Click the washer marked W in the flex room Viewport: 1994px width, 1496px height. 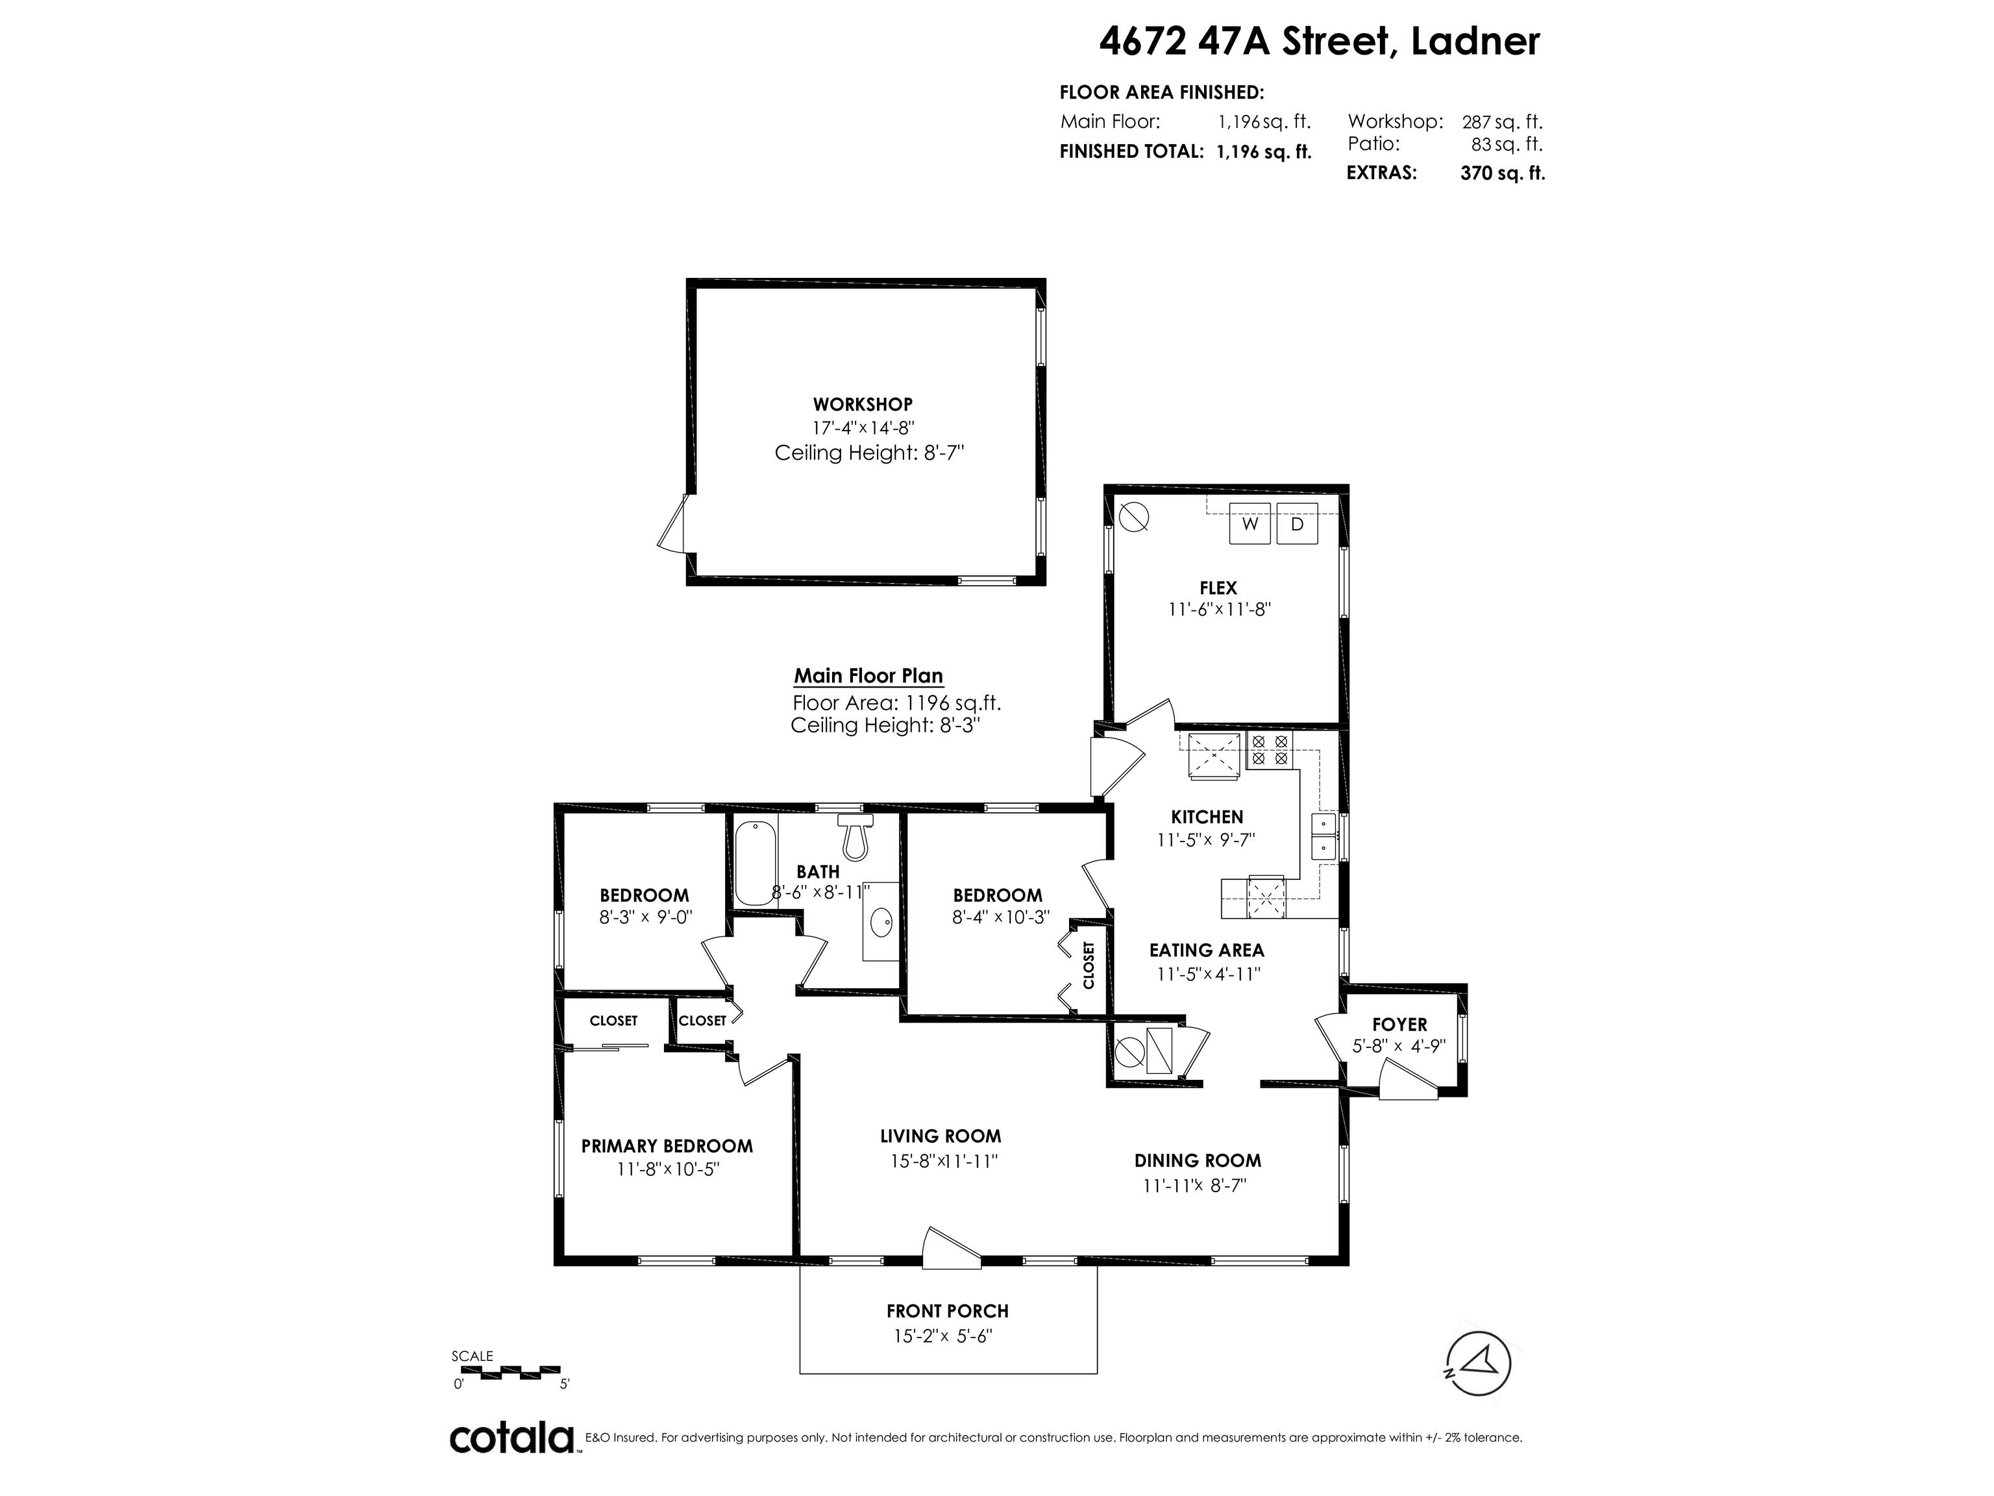pyautogui.click(x=1250, y=524)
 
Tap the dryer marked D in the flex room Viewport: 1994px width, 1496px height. pyautogui.click(x=1297, y=524)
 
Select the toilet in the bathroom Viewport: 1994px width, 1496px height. pyautogui.click(x=855, y=835)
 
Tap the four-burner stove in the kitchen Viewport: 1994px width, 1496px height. pyautogui.click(x=1269, y=750)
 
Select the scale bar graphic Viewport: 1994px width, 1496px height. pyautogui.click(x=506, y=1371)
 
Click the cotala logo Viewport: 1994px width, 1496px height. pyautogui.click(x=512, y=1438)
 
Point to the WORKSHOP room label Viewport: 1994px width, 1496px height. pyautogui.click(x=863, y=405)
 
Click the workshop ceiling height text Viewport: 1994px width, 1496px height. pyautogui.click(x=869, y=453)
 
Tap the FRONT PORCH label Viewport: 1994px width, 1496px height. pyautogui.click(x=948, y=1311)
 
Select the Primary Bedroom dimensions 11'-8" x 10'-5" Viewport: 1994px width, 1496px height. pyautogui.click(x=668, y=1169)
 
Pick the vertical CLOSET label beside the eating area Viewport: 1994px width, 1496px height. pyautogui.click(x=1088, y=965)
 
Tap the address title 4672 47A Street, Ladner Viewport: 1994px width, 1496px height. pyautogui.click(x=1320, y=42)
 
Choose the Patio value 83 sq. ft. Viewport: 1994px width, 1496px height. pyautogui.click(x=1507, y=144)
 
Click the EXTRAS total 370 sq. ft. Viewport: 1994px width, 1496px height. pyautogui.click(x=1503, y=173)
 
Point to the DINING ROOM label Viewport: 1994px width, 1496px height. pyautogui.click(x=1198, y=1160)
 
